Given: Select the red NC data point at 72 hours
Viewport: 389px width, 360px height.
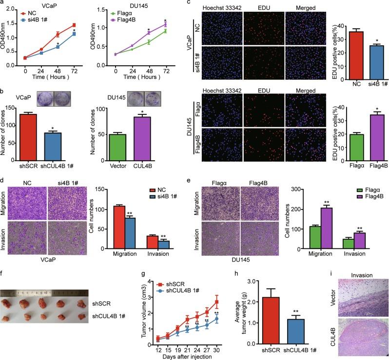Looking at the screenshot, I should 74,25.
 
